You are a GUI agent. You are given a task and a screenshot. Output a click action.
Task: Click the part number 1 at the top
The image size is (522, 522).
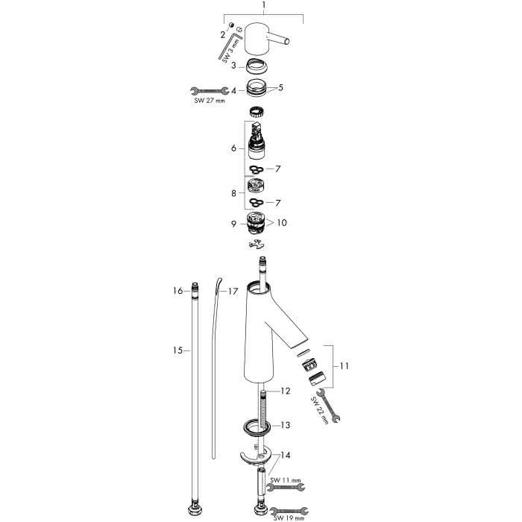(264, 5)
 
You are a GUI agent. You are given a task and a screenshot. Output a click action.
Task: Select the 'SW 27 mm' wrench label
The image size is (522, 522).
(210, 101)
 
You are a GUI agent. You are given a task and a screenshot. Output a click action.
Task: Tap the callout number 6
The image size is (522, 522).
(233, 148)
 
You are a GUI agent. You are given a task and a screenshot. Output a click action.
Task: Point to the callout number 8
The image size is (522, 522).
(233, 193)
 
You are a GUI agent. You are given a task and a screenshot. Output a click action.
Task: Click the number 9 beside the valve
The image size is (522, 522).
(233, 224)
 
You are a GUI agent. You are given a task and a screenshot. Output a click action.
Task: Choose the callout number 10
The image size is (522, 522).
(282, 222)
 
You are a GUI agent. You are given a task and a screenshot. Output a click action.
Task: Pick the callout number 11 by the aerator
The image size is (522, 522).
(344, 366)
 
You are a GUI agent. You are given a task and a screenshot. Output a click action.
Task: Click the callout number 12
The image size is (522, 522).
(286, 391)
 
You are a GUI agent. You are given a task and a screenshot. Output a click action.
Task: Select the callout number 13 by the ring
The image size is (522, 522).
(286, 425)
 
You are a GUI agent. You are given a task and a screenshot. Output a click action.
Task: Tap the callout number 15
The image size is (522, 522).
(177, 350)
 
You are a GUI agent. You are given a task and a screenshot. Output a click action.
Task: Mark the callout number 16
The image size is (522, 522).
(177, 291)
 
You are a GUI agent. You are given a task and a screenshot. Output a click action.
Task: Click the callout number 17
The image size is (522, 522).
(233, 292)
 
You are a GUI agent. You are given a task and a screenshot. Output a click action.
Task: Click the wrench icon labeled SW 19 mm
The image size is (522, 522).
(289, 511)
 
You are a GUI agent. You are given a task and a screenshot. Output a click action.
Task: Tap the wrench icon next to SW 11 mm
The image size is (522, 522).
(286, 488)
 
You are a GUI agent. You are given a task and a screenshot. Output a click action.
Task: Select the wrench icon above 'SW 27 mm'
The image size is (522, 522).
(210, 90)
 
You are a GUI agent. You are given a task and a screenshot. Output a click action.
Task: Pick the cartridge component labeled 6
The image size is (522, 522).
(257, 140)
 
